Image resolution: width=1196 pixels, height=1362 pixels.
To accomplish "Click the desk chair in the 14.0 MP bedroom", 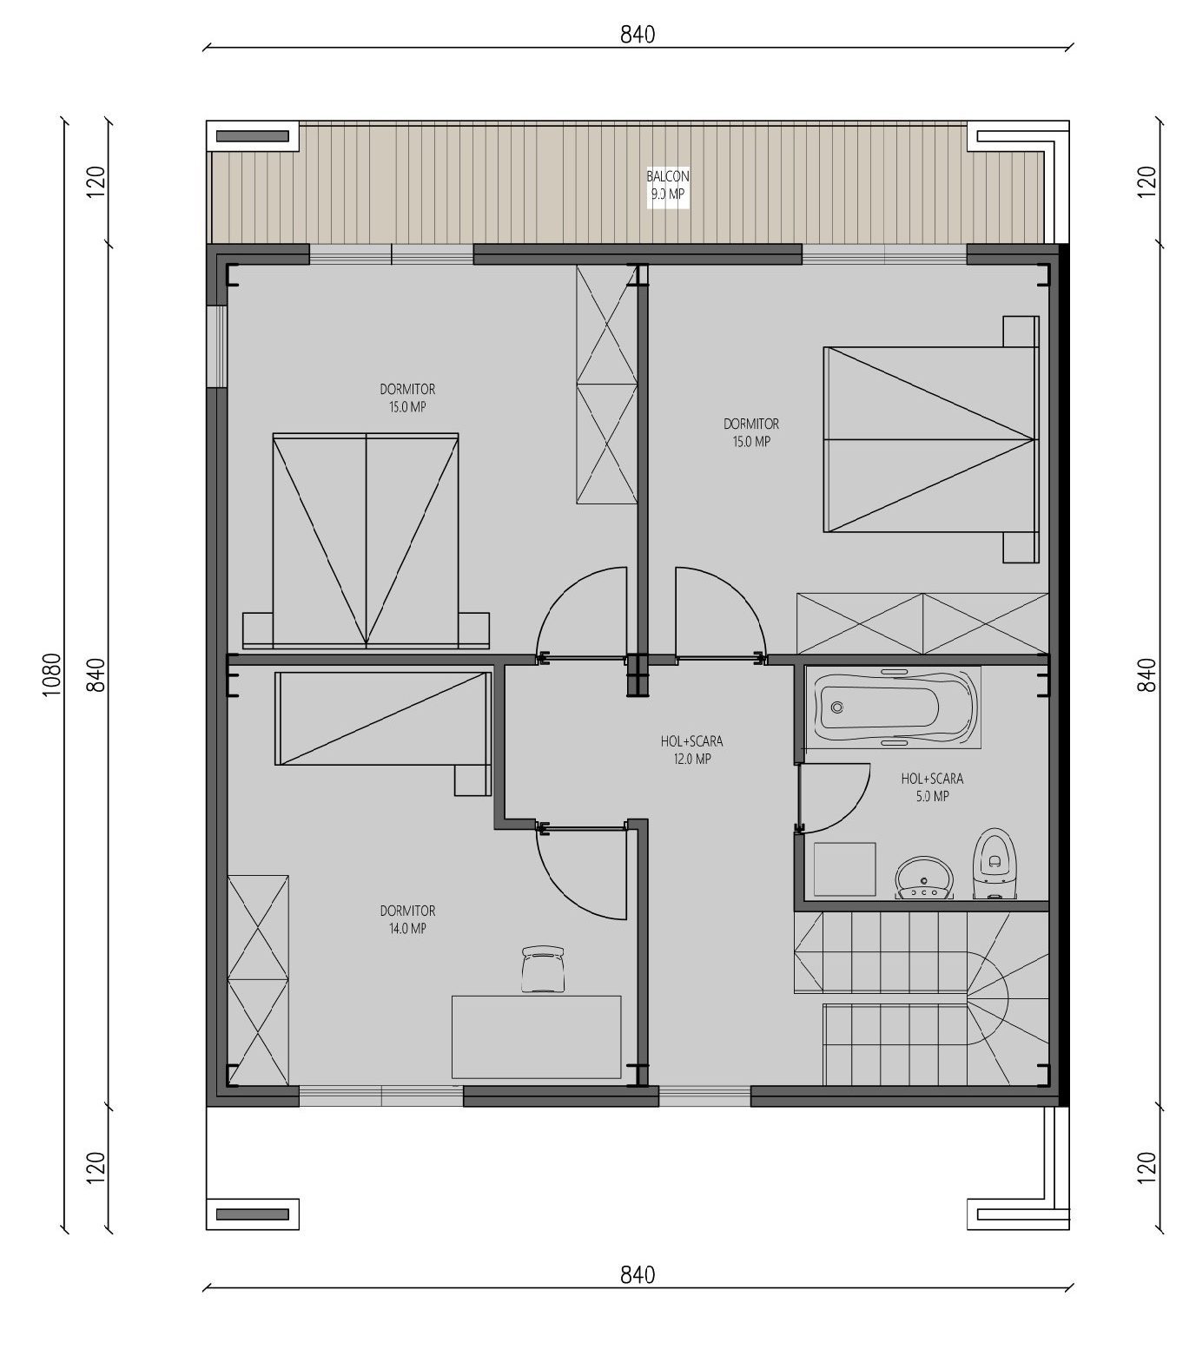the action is tap(544, 969).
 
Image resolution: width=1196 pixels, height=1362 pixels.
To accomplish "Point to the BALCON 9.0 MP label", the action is tap(668, 185).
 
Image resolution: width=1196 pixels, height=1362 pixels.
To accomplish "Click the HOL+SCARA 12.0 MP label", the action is tap(691, 750).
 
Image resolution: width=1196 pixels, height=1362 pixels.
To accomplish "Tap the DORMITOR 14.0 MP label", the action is tap(407, 919).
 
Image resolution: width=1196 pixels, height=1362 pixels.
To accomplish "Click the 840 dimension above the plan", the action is tap(638, 35).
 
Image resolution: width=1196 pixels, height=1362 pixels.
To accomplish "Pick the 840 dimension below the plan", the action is tap(638, 1275).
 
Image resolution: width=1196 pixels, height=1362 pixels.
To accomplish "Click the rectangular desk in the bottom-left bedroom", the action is tap(536, 1036).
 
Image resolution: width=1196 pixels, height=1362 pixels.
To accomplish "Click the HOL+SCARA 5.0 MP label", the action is tap(932, 787).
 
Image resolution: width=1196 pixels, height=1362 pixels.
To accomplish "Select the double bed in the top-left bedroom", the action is tap(366, 540).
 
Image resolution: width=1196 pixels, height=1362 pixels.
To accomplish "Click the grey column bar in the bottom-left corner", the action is tap(252, 1214).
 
